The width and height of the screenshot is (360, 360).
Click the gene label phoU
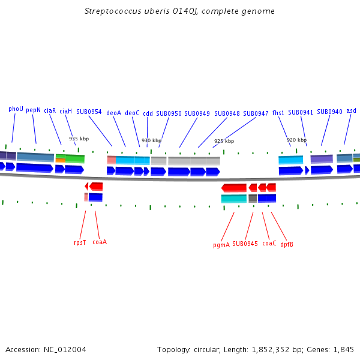tap(16, 109)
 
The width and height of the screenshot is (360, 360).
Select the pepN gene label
tap(33, 110)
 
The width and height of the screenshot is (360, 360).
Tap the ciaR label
tap(50, 111)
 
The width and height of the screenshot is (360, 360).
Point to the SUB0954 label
tap(89, 112)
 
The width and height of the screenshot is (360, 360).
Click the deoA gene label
tap(113, 113)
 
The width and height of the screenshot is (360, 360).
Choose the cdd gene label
tap(148, 113)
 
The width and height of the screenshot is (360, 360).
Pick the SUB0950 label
tap(169, 113)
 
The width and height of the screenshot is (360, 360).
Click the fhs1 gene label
tap(278, 113)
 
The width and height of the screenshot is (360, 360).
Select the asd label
tap(351, 111)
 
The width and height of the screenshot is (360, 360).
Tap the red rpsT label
tap(80, 242)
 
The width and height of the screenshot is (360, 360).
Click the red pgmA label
tap(221, 245)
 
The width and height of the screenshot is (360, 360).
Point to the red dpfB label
tap(287, 244)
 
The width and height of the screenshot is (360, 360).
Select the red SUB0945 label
tap(245, 244)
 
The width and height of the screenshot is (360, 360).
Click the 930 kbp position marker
tap(151, 140)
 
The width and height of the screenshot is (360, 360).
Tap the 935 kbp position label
tap(79, 139)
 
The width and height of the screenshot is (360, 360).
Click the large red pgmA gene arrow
tap(234, 188)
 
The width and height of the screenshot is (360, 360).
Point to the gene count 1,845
tap(343, 349)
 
